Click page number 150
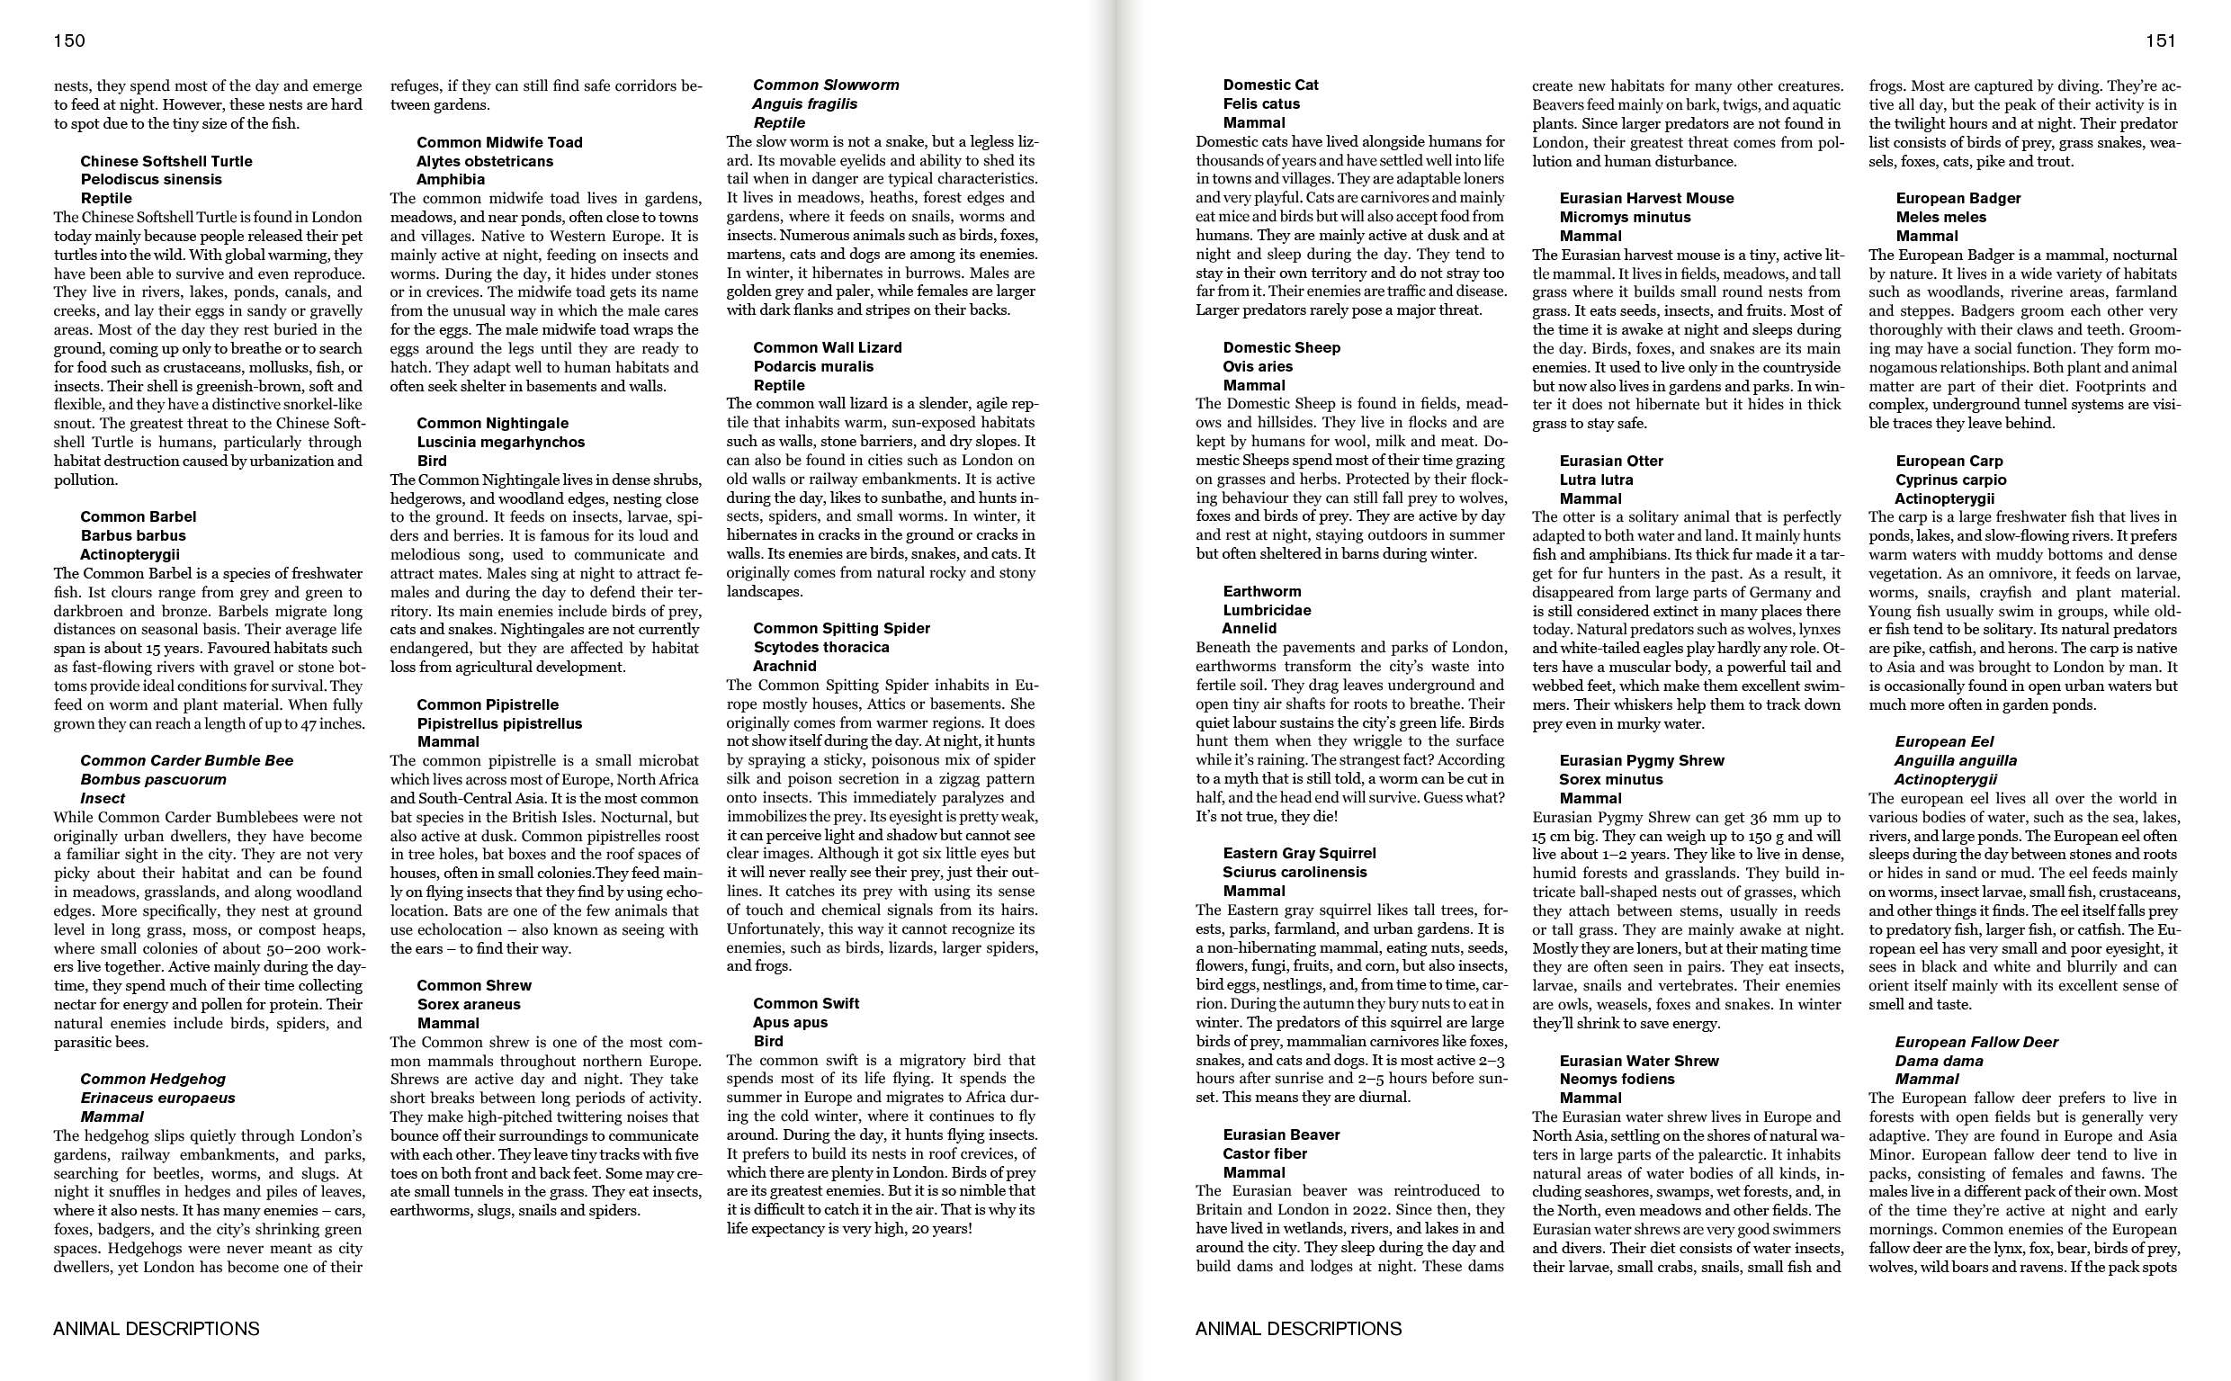tap(69, 40)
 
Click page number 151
tap(2161, 40)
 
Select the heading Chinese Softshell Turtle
tap(166, 162)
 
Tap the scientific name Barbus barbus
tap(133, 536)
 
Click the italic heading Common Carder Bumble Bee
tap(187, 761)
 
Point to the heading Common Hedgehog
tap(153, 1080)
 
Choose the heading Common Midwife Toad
tap(499, 142)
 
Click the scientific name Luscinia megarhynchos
tap(500, 442)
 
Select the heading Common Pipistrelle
tap(488, 705)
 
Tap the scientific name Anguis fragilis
tap(804, 104)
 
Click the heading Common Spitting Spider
tap(841, 628)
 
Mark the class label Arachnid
tap(784, 666)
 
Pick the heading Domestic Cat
tap(1270, 85)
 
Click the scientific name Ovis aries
tap(1258, 366)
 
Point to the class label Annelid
tap(1250, 628)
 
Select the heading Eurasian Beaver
tap(1281, 1134)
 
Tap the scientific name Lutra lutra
tap(1596, 480)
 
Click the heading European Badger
tap(1958, 198)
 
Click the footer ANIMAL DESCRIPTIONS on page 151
tap(1298, 1329)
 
